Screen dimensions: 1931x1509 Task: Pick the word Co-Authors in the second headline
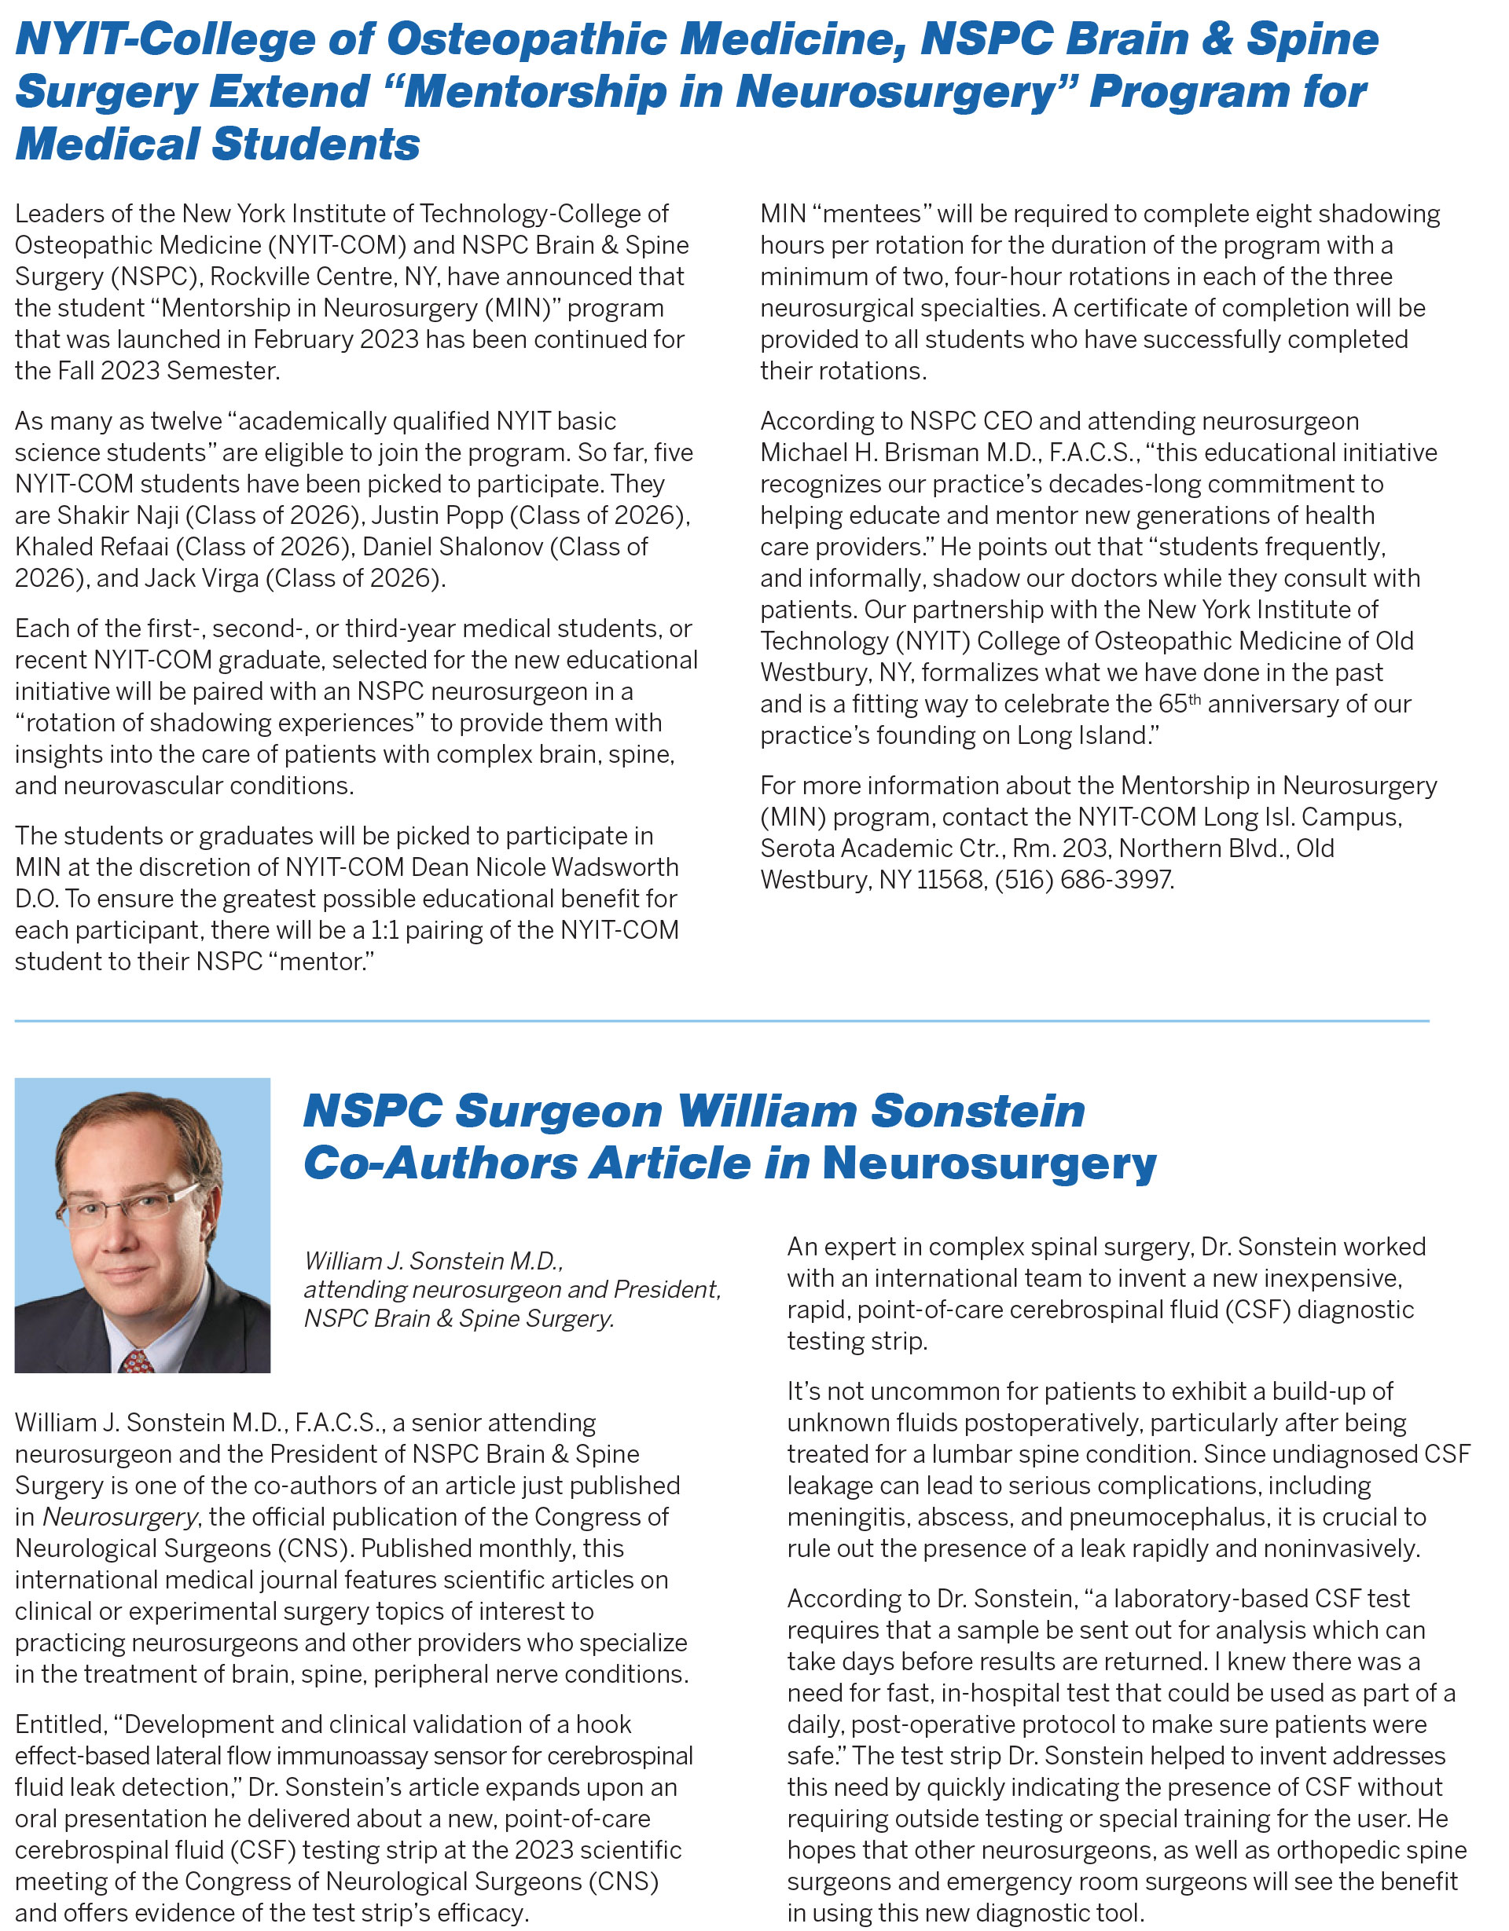click(439, 1163)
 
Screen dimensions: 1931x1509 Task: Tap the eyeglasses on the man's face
click(133, 1207)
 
